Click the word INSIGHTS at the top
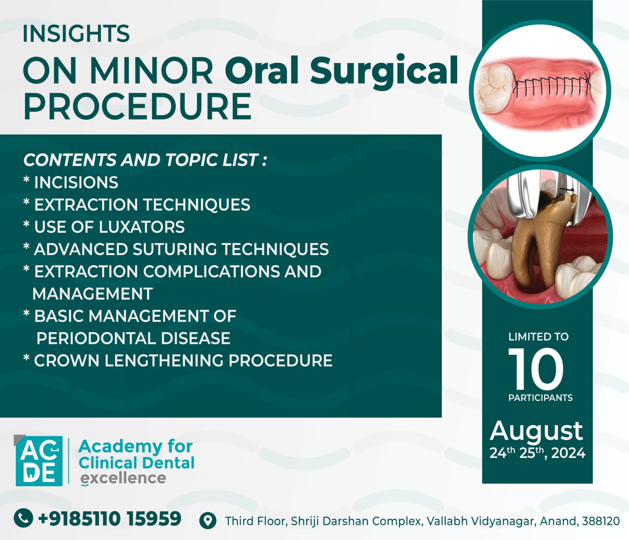[76, 34]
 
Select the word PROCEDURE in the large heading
[138, 107]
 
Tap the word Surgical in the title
[384, 71]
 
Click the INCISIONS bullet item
[71, 183]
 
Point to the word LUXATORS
[142, 227]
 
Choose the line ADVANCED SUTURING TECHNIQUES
[176, 249]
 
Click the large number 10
[536, 368]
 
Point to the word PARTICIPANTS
[540, 398]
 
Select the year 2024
[568, 453]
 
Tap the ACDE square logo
[39, 461]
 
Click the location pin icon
[208, 521]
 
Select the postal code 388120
[601, 521]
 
